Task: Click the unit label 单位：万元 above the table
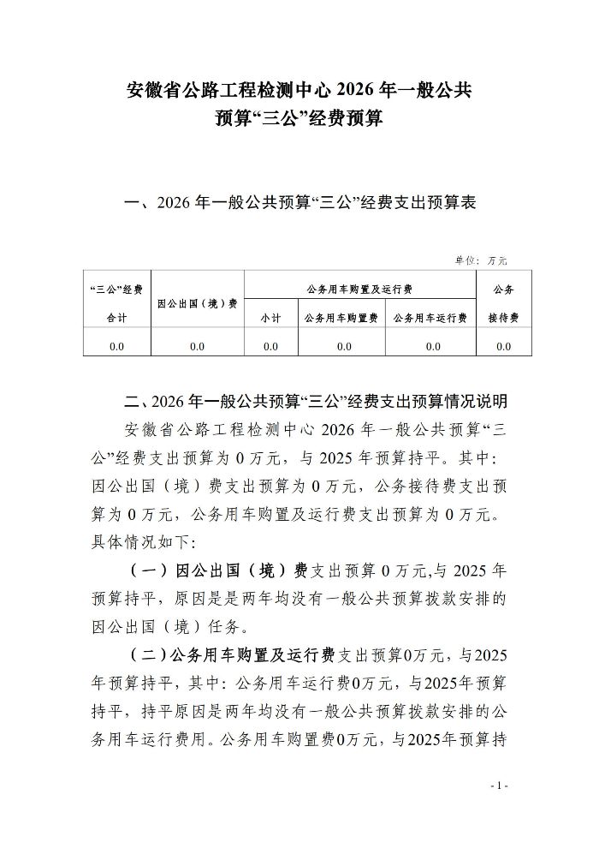click(x=484, y=260)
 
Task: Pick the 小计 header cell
click(x=270, y=318)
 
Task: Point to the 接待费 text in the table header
click(x=503, y=318)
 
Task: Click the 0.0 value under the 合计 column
click(x=117, y=346)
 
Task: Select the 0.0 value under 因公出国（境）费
click(x=198, y=346)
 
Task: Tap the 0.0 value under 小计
click(x=270, y=346)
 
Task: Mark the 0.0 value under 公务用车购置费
click(x=343, y=346)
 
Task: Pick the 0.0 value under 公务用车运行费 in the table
click(x=432, y=346)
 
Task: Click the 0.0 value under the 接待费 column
click(x=503, y=346)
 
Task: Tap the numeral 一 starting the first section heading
click(x=132, y=204)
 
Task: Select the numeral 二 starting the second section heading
click(x=132, y=401)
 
